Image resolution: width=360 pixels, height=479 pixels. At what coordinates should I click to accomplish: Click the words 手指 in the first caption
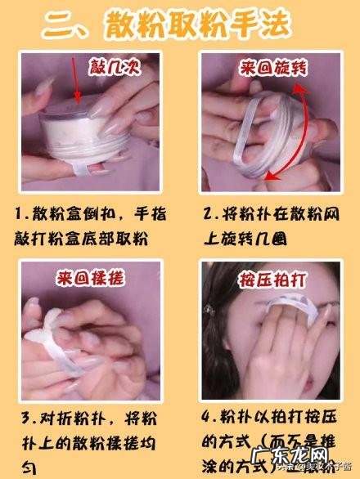pyautogui.click(x=156, y=214)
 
